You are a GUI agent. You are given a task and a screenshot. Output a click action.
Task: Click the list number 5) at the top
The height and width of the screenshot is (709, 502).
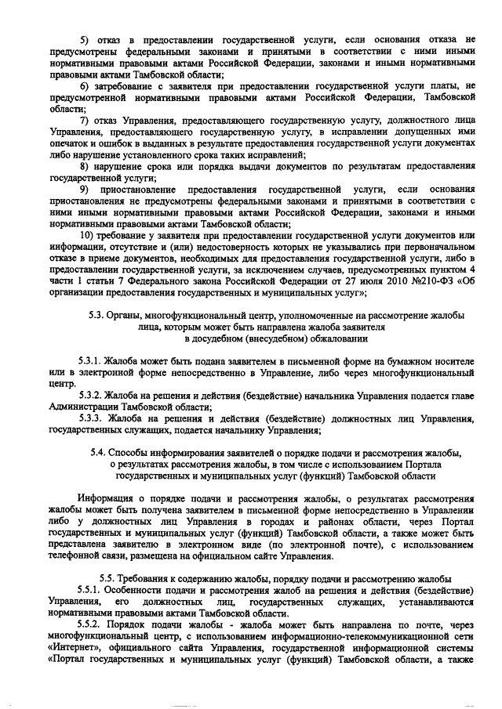(x=86, y=38)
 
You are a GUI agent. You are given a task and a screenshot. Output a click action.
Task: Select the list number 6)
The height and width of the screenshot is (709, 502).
(x=86, y=85)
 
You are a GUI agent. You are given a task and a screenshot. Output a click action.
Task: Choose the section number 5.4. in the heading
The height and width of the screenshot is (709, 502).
(x=101, y=454)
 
